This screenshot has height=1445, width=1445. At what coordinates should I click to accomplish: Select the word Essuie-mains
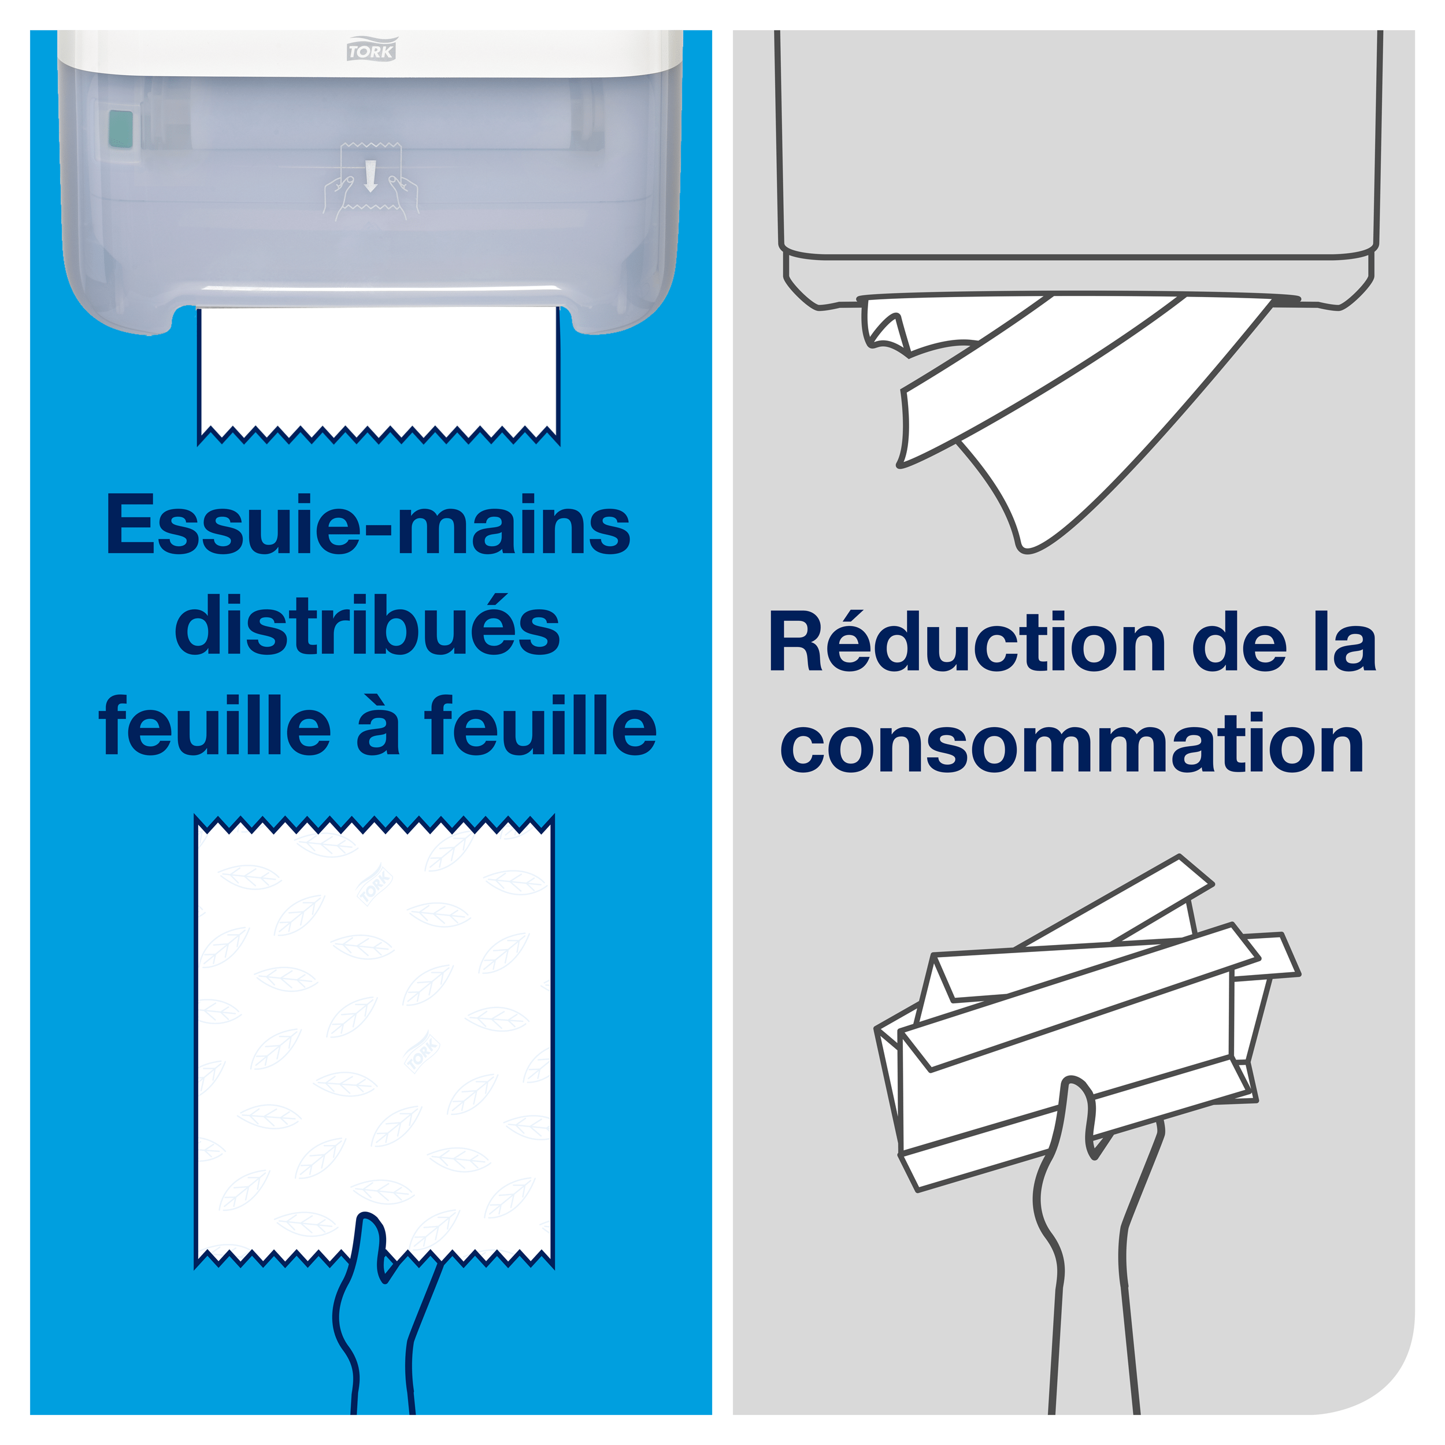click(x=369, y=526)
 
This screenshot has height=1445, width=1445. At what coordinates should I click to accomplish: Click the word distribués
click(x=367, y=626)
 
